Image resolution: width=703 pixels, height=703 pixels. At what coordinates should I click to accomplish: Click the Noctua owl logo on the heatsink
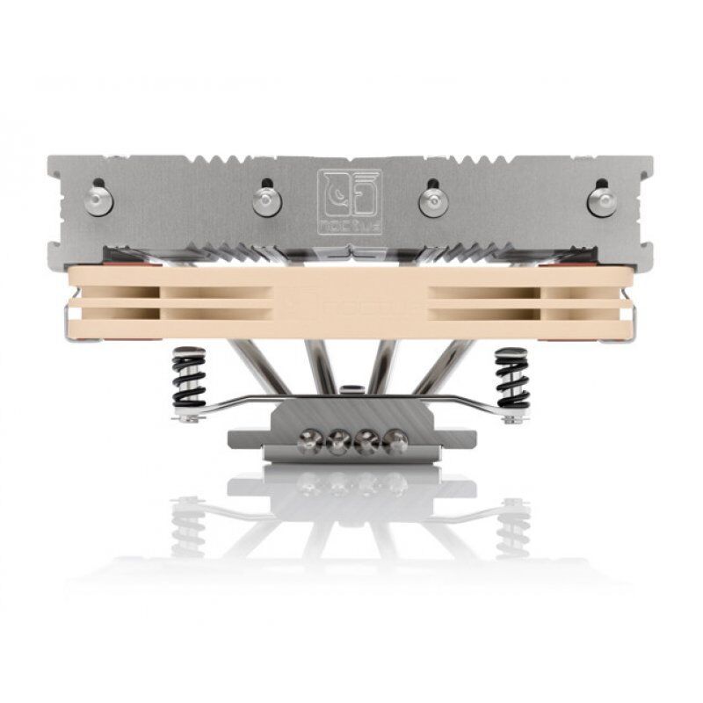point(349,201)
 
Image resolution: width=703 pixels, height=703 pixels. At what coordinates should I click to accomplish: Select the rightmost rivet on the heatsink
point(602,200)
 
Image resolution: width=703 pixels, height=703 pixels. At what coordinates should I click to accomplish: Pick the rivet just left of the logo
point(266,202)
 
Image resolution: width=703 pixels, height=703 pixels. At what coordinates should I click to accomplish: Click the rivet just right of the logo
point(432,201)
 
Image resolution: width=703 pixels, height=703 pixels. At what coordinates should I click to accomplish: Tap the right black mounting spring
point(511,378)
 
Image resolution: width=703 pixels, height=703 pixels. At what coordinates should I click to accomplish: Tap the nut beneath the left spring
point(187,419)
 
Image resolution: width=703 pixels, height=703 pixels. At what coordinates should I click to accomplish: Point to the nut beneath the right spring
point(514,419)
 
